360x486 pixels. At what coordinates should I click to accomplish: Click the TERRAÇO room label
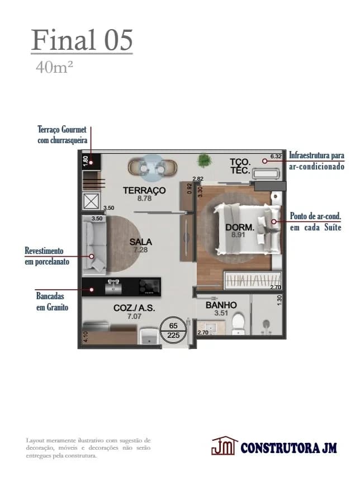coord(144,190)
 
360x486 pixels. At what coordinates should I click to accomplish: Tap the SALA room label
coord(141,242)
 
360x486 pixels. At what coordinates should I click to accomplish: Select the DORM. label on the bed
coord(239,227)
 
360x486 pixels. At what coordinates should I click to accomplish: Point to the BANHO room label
coord(221,305)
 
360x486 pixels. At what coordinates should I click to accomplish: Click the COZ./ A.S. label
coord(134,308)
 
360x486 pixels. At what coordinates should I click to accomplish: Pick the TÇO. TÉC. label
coord(240,166)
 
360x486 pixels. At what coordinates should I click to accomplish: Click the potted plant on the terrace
coord(204,161)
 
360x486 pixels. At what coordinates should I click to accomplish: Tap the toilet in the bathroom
coord(239,324)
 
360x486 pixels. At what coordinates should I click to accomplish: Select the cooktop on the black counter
coord(150,287)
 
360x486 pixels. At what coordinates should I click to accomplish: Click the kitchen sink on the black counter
coord(113,287)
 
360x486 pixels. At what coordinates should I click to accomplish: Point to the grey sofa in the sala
coord(94,244)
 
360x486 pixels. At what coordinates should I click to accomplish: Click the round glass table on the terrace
coord(152,168)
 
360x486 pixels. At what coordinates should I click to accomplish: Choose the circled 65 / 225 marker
coord(173,331)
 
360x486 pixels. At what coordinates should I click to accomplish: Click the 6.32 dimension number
coord(276,156)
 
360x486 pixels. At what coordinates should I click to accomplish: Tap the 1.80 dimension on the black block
coord(86,161)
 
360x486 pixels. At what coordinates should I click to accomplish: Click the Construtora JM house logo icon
coord(224,446)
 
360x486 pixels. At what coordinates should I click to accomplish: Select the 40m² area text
coord(54,68)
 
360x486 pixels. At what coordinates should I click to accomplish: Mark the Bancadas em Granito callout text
coord(53,301)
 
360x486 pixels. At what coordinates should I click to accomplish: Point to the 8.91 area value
coord(238,235)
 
